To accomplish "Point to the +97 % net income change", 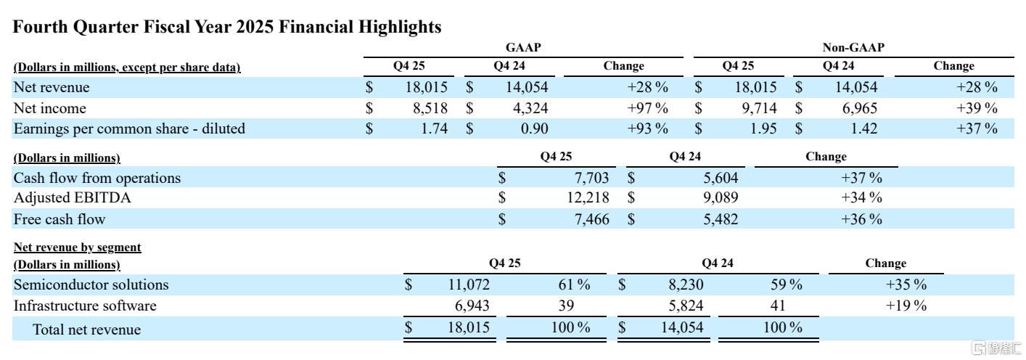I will click(648, 108).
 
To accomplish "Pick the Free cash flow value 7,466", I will click(591, 218).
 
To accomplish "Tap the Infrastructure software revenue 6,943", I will click(472, 306).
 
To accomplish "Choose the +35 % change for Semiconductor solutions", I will click(906, 285).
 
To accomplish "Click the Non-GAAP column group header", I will click(853, 48).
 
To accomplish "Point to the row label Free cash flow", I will click(59, 218).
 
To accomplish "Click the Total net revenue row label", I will click(87, 330).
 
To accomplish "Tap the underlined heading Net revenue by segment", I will click(78, 247).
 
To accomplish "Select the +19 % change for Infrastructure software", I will click(906, 306).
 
